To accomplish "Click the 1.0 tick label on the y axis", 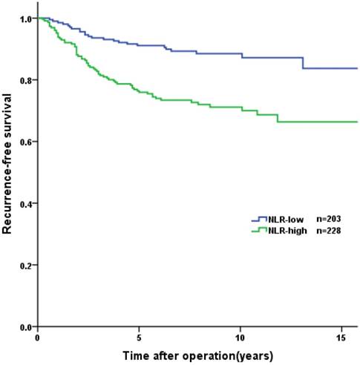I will pyautogui.click(x=24, y=18).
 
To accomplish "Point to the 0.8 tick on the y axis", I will pyautogui.click(x=24, y=79).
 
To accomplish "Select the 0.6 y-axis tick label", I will pyautogui.click(x=24, y=141).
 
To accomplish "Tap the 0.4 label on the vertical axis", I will pyautogui.click(x=24, y=203).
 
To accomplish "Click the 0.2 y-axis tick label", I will pyautogui.click(x=24, y=265).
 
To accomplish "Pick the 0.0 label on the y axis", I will pyautogui.click(x=24, y=326).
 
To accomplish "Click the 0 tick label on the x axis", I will pyautogui.click(x=37, y=338).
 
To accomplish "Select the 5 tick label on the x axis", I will pyautogui.click(x=139, y=338).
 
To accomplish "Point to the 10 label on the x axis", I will pyautogui.click(x=240, y=338).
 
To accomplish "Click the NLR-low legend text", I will pyautogui.click(x=284, y=220).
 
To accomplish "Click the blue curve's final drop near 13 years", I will pyautogui.click(x=303, y=62).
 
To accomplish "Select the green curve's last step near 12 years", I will pyautogui.click(x=278, y=118).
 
